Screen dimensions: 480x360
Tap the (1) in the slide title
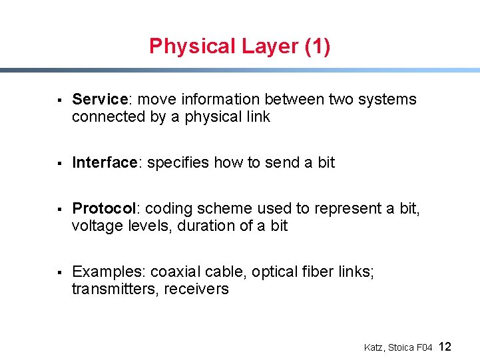[x=316, y=47]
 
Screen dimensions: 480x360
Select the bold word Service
[x=99, y=100]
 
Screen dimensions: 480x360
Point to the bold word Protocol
[x=104, y=208]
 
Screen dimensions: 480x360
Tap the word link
[x=258, y=117]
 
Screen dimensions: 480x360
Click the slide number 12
[x=445, y=347]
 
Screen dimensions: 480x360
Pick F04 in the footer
[x=424, y=347]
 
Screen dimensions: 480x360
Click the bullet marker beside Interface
[x=60, y=163]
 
